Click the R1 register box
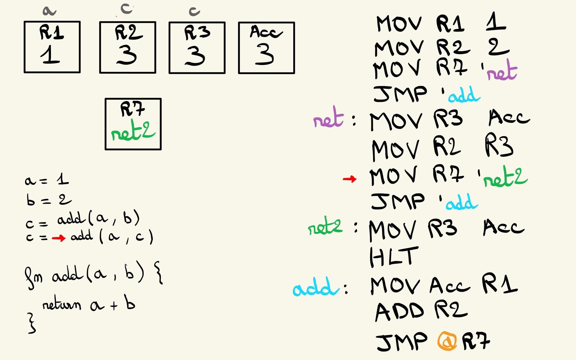(52, 47)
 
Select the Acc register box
(266, 48)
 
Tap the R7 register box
(133, 124)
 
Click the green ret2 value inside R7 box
(133, 131)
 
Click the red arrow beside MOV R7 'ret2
(350, 179)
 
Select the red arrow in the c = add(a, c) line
(58, 238)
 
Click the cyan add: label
(316, 287)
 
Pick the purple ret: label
(329, 119)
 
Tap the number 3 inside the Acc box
(265, 55)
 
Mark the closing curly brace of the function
(31, 323)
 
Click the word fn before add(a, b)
(33, 278)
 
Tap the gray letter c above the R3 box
(194, 11)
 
